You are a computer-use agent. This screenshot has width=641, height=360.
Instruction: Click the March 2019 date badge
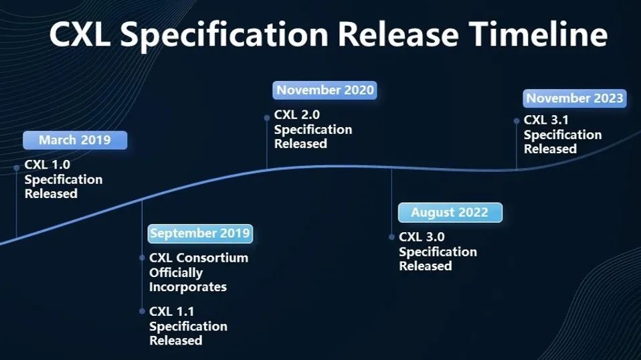coord(75,140)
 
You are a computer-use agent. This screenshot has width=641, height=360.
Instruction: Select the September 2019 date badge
coord(200,234)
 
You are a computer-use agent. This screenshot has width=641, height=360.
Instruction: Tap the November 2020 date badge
coord(325,90)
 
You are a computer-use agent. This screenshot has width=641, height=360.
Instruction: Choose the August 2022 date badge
coord(450,213)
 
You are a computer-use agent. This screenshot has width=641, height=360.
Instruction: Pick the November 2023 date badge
coord(575,98)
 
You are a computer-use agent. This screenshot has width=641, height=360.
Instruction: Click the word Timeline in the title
coord(539,34)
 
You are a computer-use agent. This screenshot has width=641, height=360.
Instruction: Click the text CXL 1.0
coord(48,165)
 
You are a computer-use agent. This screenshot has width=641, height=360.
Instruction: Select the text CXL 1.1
coord(172,312)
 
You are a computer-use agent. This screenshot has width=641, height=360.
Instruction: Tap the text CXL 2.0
coord(297,115)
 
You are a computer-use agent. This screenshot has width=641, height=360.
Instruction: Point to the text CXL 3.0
coord(422,237)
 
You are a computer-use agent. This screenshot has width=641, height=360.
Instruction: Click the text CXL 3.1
coord(546,120)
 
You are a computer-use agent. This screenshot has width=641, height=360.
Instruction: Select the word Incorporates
coord(188,287)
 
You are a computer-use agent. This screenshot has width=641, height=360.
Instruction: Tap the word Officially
coord(176,273)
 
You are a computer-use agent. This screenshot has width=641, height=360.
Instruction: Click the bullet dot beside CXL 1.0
coord(16,167)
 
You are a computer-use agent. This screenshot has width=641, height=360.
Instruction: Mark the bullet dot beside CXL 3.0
coord(391,237)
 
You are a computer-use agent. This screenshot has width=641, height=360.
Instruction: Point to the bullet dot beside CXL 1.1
coord(142,311)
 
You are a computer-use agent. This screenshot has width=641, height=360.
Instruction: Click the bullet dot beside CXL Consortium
coord(142,258)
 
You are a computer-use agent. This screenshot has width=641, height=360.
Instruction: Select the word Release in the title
coord(399,34)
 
